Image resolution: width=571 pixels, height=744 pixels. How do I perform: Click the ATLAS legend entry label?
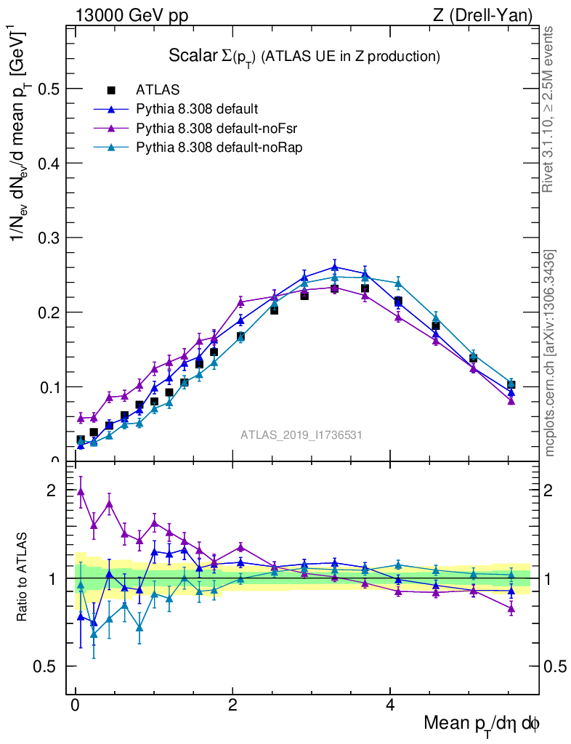(x=158, y=90)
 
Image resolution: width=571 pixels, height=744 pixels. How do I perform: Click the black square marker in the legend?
(x=111, y=90)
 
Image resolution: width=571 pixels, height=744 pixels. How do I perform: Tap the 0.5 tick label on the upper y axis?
(x=49, y=89)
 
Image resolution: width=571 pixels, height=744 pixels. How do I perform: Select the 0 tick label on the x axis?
(x=75, y=705)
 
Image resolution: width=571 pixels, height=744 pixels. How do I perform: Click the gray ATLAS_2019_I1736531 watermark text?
(x=301, y=435)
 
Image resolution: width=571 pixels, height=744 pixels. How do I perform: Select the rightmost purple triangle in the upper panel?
(x=511, y=400)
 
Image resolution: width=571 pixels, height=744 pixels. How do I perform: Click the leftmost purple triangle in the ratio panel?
(x=81, y=491)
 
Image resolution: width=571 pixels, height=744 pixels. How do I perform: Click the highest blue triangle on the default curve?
(x=334, y=267)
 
